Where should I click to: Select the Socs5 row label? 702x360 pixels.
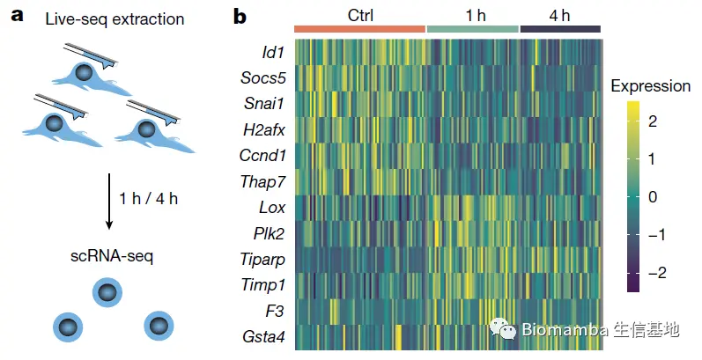pyautogui.click(x=262, y=77)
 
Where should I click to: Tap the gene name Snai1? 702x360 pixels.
pyautogui.click(x=264, y=103)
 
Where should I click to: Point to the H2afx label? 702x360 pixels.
pyautogui.click(x=262, y=129)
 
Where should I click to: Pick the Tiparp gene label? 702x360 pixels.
pyautogui.click(x=262, y=259)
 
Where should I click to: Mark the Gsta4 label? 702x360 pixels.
pyautogui.click(x=262, y=336)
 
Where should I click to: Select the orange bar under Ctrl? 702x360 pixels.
pyautogui.click(x=359, y=29)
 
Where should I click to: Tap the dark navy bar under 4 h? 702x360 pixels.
pyautogui.click(x=560, y=29)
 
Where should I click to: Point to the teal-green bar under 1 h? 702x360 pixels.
pyautogui.click(x=473, y=29)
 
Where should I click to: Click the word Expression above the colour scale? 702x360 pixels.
pyautogui.click(x=650, y=86)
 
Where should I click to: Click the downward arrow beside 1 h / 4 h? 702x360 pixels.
pyautogui.click(x=110, y=199)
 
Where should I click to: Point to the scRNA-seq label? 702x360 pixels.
pyautogui.click(x=110, y=258)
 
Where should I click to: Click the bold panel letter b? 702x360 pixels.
pyautogui.click(x=240, y=16)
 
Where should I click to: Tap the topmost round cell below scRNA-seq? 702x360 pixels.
pyautogui.click(x=106, y=294)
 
